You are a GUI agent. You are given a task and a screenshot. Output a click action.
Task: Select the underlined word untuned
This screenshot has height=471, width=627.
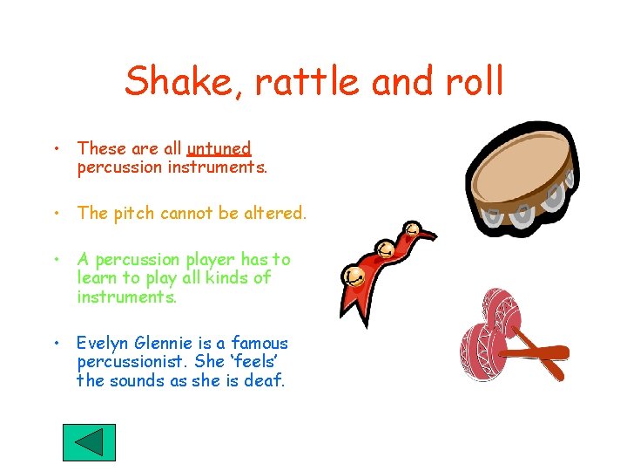(x=219, y=149)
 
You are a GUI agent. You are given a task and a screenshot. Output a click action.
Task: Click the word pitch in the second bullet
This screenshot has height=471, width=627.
(x=130, y=213)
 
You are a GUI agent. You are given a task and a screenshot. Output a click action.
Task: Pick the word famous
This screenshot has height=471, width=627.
(x=259, y=344)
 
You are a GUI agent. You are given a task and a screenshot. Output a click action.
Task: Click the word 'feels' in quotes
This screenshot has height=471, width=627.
(x=259, y=362)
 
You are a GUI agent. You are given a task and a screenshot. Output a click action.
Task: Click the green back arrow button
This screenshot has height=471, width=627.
(x=89, y=442)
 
